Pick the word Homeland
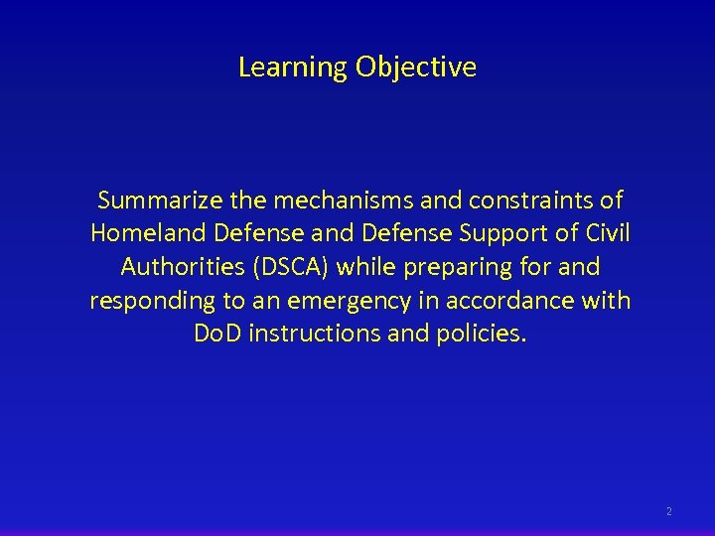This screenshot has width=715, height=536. click(138, 233)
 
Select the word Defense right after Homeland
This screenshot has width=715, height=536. click(236, 233)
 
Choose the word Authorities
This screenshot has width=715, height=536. click(185, 267)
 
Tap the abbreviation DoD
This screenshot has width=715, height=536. click(218, 334)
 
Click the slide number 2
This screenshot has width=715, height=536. click(668, 511)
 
